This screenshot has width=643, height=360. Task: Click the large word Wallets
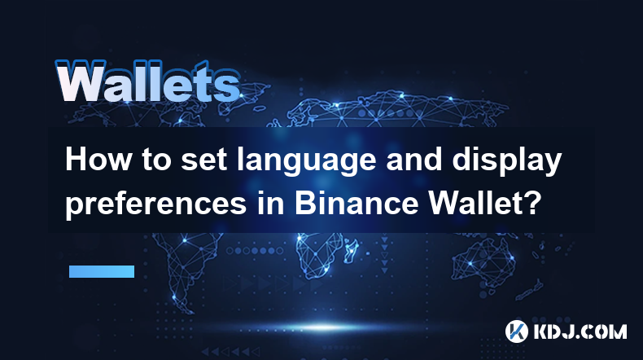148,81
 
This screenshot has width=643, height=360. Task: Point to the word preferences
155,204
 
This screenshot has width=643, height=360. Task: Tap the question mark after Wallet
531,203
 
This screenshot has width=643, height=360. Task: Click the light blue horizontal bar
102,271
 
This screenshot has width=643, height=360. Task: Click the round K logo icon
516,331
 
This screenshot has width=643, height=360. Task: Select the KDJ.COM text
580,331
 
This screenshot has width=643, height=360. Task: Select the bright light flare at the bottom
324,327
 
